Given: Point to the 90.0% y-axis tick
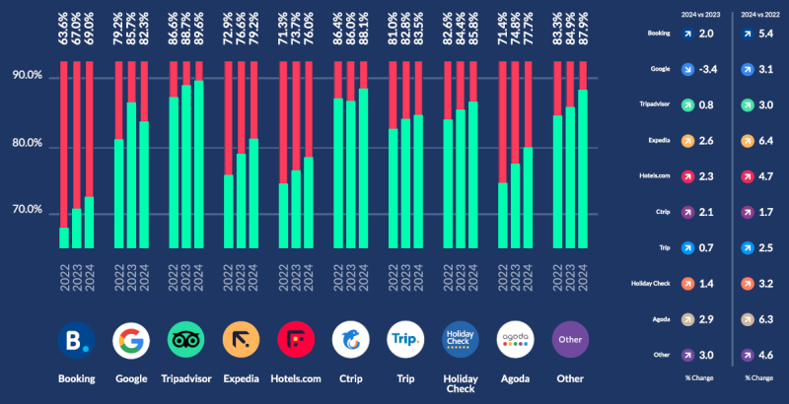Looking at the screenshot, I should click(26, 77).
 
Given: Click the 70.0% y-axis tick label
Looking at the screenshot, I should click(26, 211).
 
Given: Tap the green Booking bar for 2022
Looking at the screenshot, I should click(65, 237).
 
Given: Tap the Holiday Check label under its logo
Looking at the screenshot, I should click(460, 384).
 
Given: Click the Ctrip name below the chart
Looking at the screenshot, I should click(350, 378).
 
